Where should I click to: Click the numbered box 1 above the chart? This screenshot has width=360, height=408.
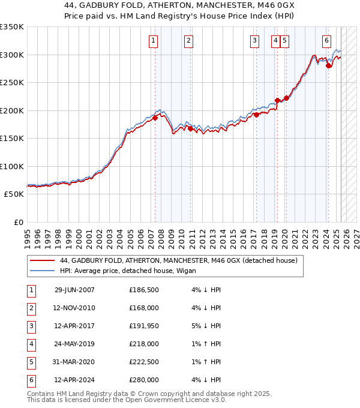point(154,41)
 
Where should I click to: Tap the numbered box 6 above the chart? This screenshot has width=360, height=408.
point(326,41)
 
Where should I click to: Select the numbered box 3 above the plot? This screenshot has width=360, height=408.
point(254,41)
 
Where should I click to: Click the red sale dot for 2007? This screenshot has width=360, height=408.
point(155,118)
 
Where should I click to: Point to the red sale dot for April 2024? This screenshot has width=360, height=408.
point(329,66)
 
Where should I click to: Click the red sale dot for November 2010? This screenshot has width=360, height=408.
point(190,128)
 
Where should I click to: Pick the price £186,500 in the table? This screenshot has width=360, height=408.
point(144,290)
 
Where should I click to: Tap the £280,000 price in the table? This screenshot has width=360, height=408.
point(144,380)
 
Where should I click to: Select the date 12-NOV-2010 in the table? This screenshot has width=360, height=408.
point(74,308)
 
